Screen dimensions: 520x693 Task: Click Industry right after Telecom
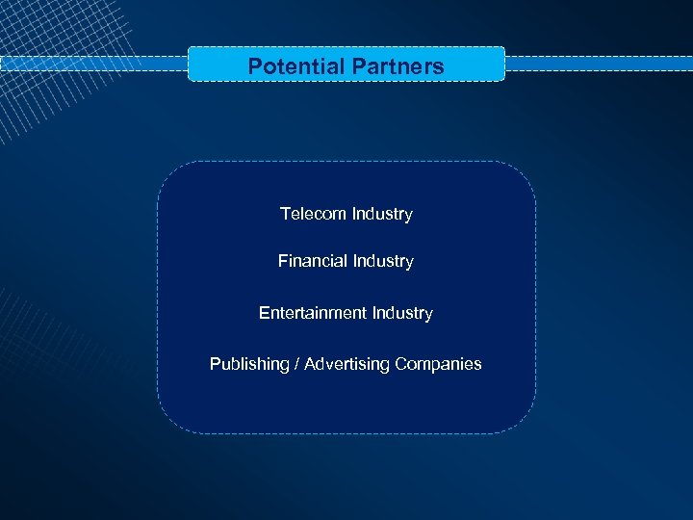(382, 214)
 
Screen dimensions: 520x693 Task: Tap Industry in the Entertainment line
(402, 313)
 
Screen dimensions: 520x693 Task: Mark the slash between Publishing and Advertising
(296, 364)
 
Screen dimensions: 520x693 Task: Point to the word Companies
(438, 364)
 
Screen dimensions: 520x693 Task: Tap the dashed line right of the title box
(597, 64)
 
